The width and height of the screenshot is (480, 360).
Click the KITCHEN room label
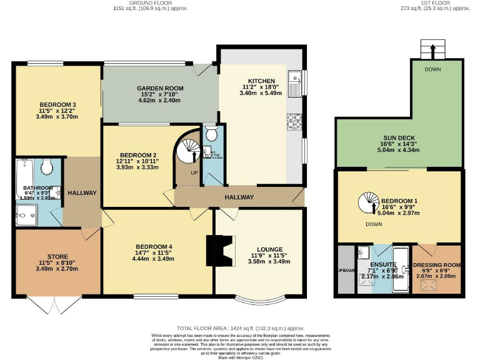261,81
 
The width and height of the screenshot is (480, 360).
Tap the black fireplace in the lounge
219,249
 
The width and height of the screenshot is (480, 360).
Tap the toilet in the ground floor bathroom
47,167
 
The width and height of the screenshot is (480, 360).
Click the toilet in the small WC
211,134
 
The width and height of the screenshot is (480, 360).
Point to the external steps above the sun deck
429,49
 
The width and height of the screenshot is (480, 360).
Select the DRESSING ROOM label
436,264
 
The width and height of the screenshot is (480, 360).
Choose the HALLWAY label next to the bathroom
82,192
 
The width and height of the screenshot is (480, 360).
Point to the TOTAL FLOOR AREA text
240,327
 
